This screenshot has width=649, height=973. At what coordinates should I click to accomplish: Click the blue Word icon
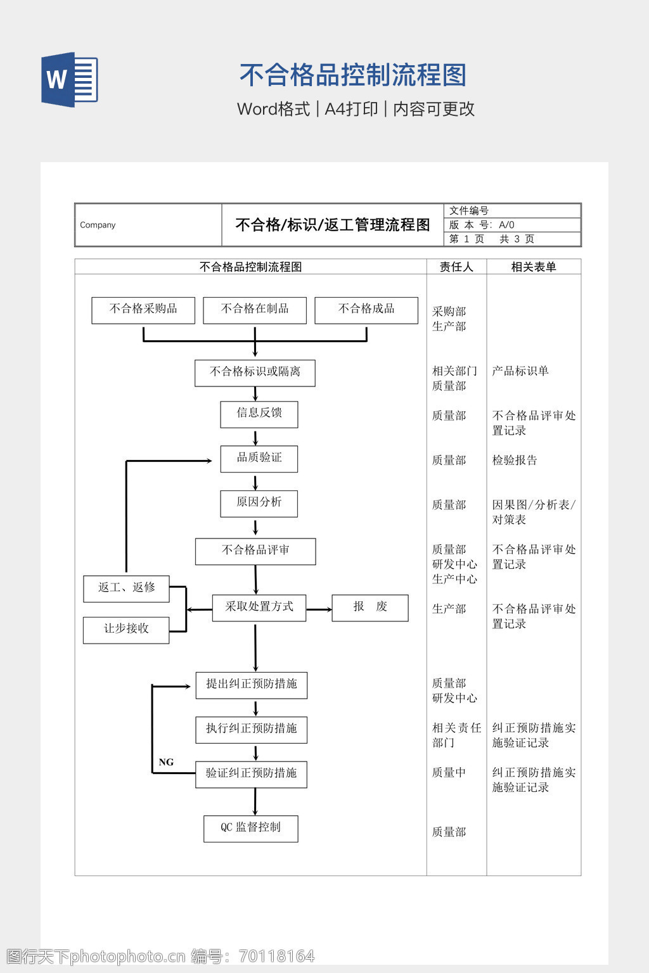[x=70, y=80]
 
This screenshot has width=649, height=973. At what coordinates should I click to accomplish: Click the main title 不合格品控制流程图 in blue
[x=353, y=75]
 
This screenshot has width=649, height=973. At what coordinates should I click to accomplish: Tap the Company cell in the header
[x=98, y=225]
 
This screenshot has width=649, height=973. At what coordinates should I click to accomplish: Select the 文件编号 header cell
[x=469, y=211]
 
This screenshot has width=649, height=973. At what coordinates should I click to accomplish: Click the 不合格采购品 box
[x=143, y=310]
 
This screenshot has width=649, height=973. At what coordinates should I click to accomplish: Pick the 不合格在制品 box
[x=255, y=310]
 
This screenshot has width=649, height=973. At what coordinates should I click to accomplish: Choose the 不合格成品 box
[x=366, y=310]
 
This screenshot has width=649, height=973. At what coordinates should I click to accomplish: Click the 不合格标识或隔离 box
[x=255, y=372]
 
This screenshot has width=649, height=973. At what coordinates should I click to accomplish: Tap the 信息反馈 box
[x=259, y=414]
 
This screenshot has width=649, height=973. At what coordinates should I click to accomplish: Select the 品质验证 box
[x=259, y=459]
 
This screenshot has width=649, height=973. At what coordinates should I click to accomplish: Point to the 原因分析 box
[x=259, y=503]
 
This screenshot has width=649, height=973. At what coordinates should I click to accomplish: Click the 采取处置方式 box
[x=259, y=607]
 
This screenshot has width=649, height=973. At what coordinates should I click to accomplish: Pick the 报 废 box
[x=370, y=607]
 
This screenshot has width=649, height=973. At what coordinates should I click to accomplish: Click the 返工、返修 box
[x=126, y=588]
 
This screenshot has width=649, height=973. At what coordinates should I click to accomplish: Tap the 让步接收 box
[x=126, y=630]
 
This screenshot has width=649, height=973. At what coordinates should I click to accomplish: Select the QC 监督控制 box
[x=251, y=828]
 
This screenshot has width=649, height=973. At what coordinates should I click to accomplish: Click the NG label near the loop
[x=166, y=762]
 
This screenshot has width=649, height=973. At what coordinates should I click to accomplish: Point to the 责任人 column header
[x=456, y=267]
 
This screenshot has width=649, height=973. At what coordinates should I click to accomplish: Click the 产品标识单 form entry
[x=520, y=371]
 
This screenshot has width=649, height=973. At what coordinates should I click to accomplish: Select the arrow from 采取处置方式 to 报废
[x=319, y=609]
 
